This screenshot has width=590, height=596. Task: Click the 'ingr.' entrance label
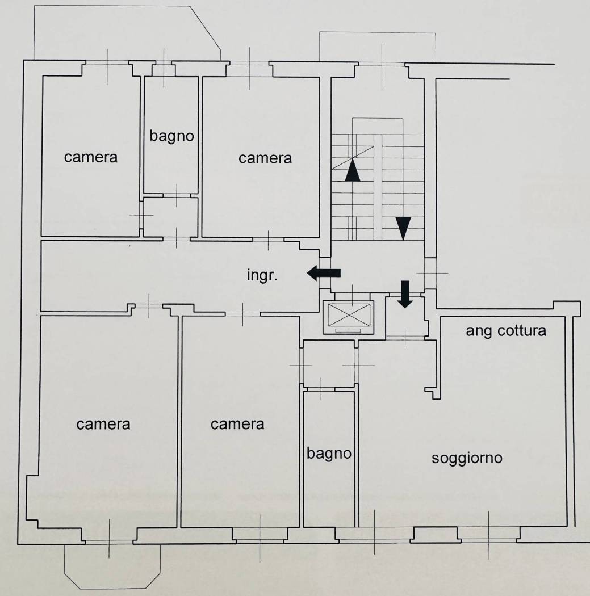(x=262, y=275)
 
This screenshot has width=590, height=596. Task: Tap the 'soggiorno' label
(x=467, y=459)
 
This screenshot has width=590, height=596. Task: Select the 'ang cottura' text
(x=506, y=331)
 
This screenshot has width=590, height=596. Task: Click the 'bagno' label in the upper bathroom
(x=171, y=136)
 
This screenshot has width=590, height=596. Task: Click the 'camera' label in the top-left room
(x=90, y=157)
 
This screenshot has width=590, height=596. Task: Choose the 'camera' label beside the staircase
(x=265, y=158)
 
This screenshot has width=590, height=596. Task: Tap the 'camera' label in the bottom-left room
(x=103, y=424)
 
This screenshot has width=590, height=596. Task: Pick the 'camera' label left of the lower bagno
(x=237, y=424)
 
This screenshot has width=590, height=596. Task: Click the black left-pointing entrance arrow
(x=324, y=273)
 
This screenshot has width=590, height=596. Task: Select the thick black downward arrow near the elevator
(x=405, y=294)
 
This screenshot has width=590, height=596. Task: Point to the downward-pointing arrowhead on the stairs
(x=403, y=229)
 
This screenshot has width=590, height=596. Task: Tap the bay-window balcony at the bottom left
(x=112, y=566)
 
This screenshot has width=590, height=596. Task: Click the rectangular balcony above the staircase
(x=377, y=47)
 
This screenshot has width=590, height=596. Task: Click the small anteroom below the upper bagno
(x=170, y=217)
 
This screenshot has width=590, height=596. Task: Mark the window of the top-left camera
(x=107, y=63)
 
